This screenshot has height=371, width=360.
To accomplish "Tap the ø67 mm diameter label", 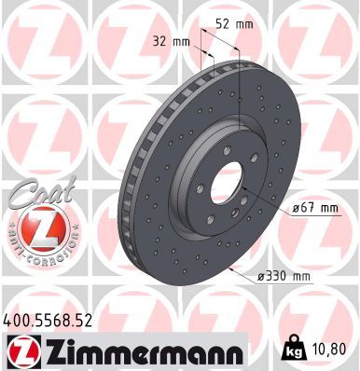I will pos(314,208).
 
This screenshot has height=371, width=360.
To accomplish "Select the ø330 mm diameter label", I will pos(284,275).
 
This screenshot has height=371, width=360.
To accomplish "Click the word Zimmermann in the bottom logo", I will pos(130,351).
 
